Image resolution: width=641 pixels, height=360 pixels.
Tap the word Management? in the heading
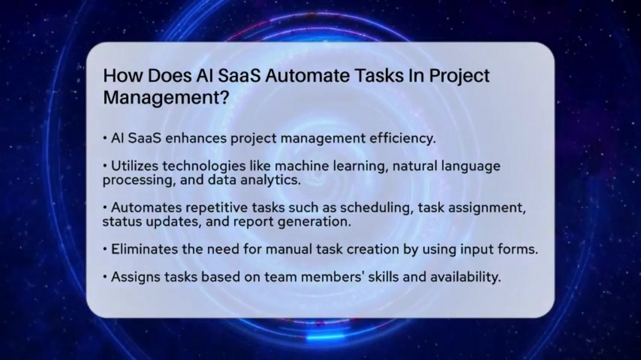tap(166, 98)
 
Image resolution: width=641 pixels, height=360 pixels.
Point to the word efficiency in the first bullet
tap(402, 139)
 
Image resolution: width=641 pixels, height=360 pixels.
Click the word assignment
tap(487, 208)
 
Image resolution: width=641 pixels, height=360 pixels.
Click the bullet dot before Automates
tap(105, 208)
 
